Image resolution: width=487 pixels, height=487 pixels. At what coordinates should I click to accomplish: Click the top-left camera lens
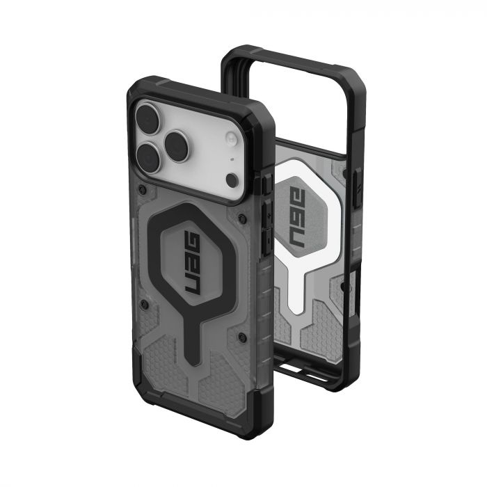[x=150, y=116]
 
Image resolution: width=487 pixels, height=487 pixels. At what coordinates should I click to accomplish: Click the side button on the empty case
[x=358, y=188]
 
